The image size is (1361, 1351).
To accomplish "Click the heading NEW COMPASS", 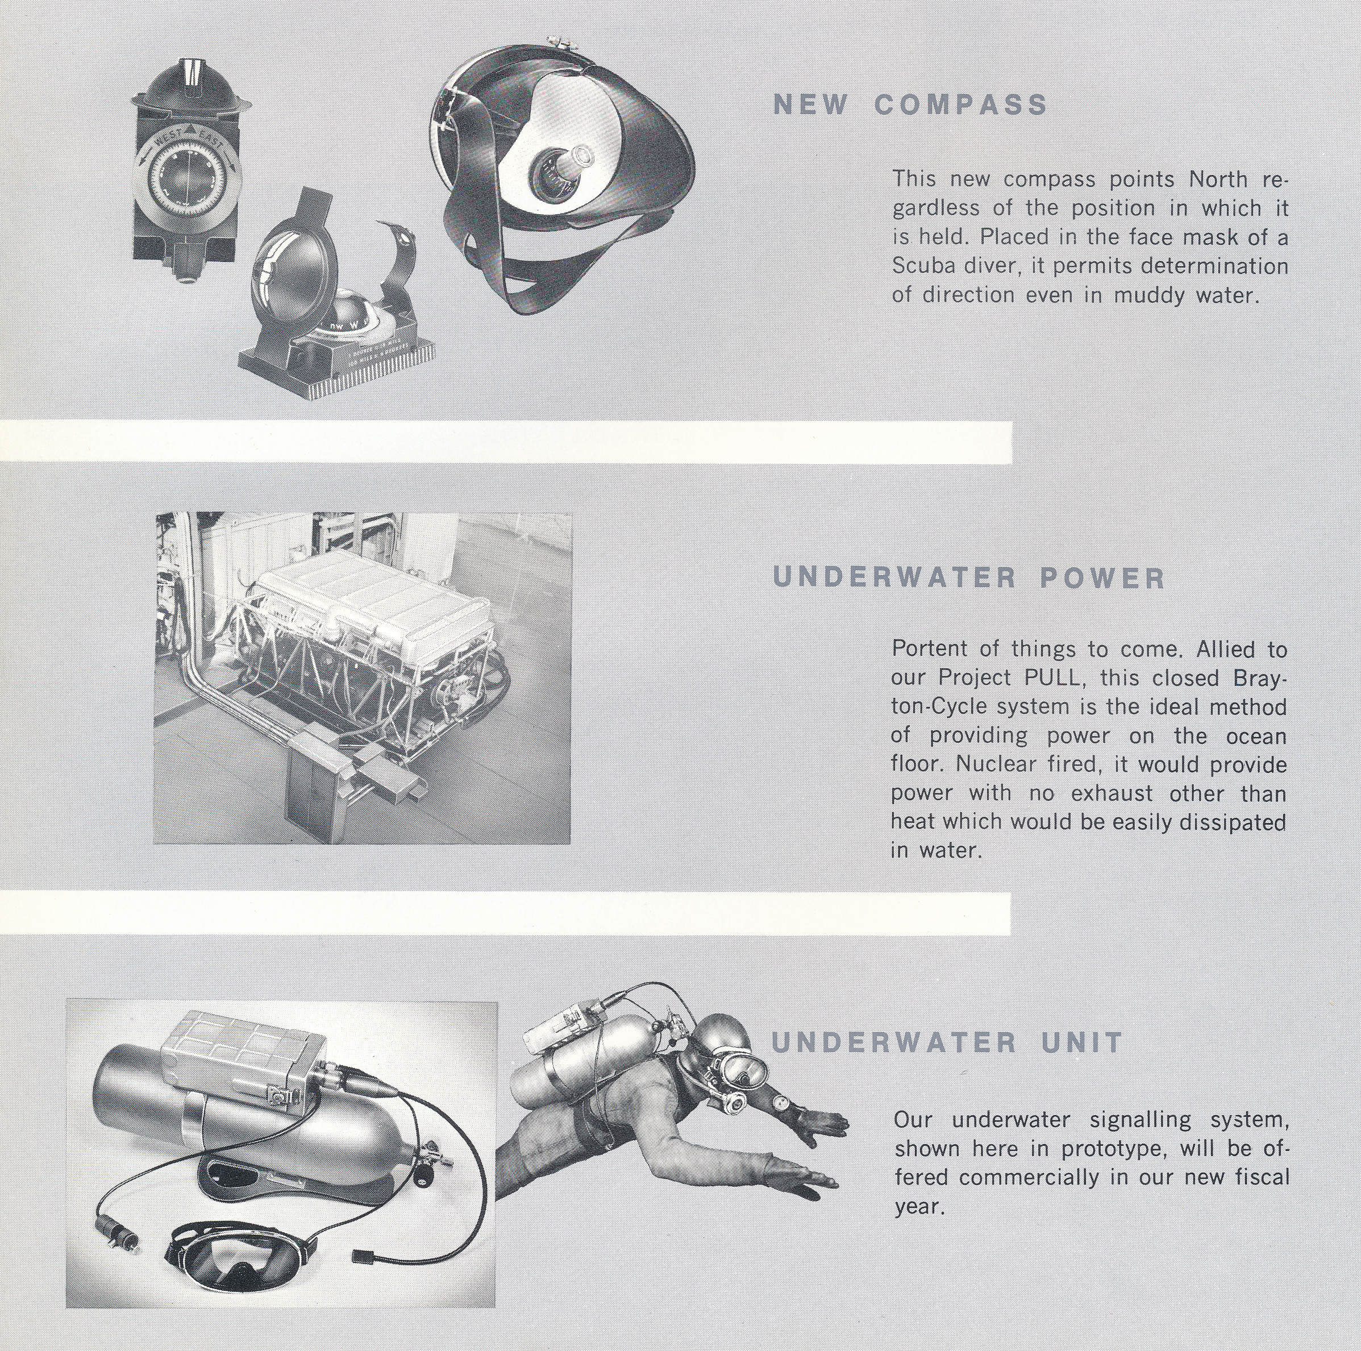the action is [910, 105].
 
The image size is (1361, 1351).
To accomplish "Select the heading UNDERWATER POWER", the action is [969, 579].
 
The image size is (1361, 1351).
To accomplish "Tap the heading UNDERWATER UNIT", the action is [947, 1042].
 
